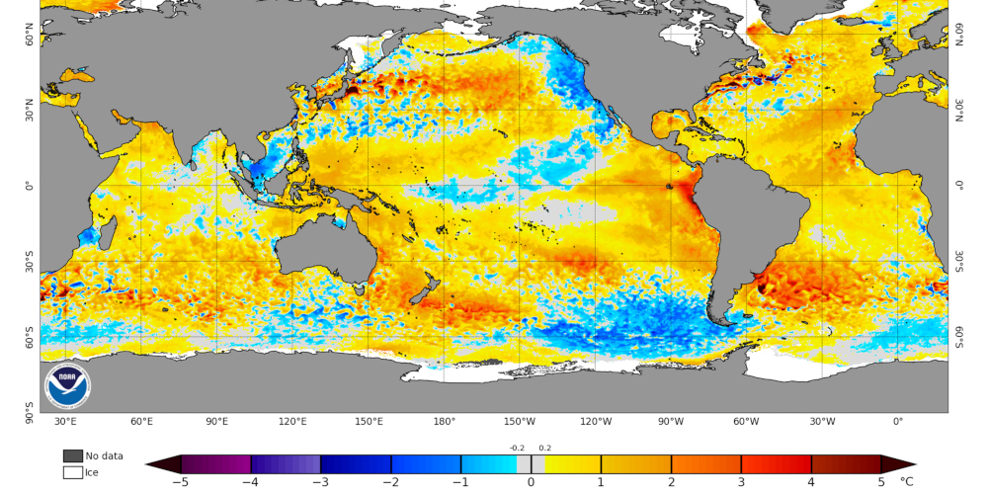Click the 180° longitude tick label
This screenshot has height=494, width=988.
(444, 422)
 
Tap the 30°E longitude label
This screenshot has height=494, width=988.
(66, 422)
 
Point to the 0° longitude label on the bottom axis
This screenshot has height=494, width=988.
(897, 422)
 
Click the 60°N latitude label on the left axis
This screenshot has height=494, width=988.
(31, 41)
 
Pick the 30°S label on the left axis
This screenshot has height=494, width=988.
(31, 261)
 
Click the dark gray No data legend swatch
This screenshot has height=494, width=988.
(72, 455)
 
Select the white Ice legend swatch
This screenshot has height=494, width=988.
(72, 472)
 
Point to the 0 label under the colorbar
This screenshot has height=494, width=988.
(531, 482)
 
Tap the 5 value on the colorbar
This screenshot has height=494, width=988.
(881, 482)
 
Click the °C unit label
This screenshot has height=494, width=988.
(907, 482)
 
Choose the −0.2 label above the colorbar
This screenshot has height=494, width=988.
(517, 448)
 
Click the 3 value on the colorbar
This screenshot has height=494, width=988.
(741, 482)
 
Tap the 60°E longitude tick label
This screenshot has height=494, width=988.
(141, 422)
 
